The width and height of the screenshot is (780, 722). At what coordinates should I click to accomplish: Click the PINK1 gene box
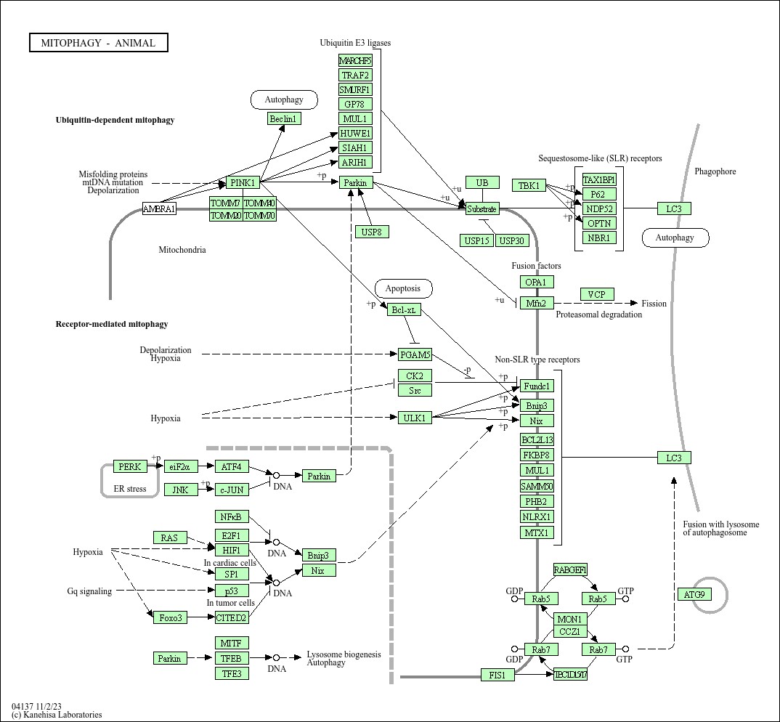point(243,182)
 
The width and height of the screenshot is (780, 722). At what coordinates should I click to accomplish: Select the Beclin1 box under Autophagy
point(284,118)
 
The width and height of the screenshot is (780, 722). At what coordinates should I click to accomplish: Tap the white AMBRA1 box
point(159,209)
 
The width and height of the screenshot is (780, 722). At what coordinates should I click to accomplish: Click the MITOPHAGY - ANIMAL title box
point(98,43)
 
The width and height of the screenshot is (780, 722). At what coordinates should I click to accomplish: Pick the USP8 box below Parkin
point(373,232)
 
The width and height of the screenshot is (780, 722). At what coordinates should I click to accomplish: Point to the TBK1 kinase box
point(529,185)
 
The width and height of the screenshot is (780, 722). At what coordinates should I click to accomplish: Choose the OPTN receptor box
point(599,223)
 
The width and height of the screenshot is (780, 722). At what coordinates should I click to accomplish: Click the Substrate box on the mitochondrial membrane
point(482,209)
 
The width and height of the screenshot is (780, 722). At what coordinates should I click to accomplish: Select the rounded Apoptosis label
point(403,288)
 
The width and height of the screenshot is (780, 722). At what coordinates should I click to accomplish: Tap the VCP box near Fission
point(597,294)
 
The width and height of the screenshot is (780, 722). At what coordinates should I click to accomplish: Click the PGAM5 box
point(415,354)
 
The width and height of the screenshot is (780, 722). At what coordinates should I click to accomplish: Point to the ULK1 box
point(415,418)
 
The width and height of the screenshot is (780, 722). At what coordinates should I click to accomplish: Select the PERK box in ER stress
point(130,466)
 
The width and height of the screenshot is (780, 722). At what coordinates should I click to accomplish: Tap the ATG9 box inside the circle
point(694,594)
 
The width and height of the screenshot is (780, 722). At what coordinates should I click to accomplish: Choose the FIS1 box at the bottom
point(497,675)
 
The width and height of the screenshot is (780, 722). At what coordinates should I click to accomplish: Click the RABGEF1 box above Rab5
point(570,569)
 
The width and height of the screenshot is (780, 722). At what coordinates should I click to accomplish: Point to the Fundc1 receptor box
point(537,386)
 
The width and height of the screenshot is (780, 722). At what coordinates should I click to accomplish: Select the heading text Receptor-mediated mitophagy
point(112,324)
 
